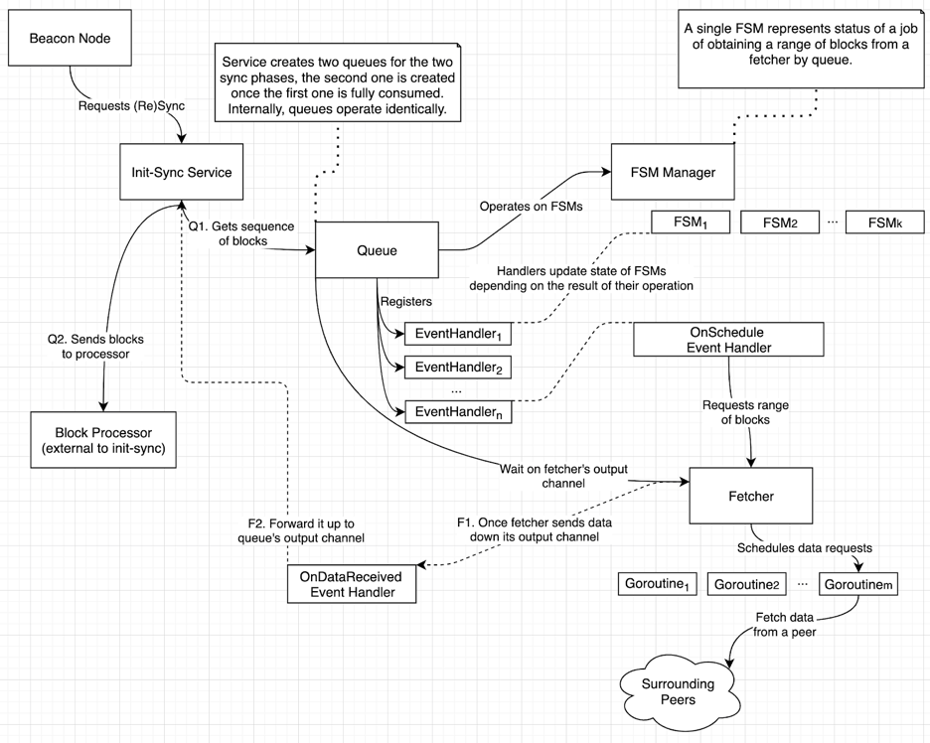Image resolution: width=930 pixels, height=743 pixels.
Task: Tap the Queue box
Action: (377, 250)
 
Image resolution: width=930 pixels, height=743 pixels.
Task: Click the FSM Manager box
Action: (677, 172)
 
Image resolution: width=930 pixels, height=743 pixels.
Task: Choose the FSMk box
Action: (884, 223)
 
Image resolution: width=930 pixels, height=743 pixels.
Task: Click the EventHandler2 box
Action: (458, 367)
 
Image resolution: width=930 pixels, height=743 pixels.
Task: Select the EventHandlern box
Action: (458, 410)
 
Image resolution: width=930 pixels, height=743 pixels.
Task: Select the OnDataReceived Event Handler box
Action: (351, 584)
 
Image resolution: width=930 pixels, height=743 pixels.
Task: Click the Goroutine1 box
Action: (657, 583)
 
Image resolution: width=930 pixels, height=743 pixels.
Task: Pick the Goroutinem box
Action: (859, 583)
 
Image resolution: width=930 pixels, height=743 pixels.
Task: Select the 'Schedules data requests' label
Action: (804, 547)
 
